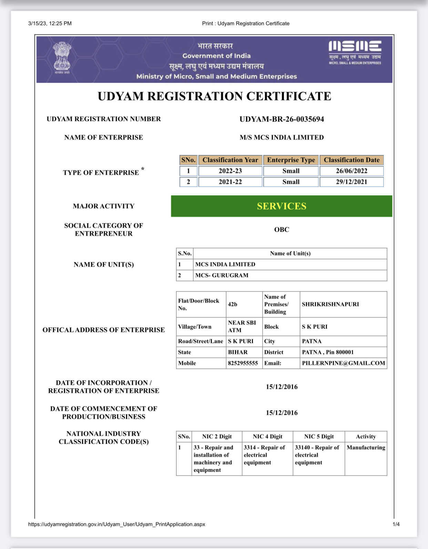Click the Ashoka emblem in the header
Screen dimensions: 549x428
(62, 57)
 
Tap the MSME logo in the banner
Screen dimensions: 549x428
(355, 52)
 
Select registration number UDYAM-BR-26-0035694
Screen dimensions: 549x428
(282, 119)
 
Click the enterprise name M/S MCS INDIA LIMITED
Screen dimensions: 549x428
(282, 138)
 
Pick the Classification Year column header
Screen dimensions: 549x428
(230, 160)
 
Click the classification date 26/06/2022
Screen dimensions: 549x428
(351, 171)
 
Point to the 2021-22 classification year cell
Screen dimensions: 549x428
(230, 182)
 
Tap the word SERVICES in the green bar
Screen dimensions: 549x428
(282, 206)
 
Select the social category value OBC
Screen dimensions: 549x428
(282, 230)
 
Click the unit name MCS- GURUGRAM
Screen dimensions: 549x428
(222, 276)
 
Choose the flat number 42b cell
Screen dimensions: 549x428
(233, 305)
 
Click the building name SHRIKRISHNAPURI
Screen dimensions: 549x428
(330, 305)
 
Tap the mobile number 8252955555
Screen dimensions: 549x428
(243, 363)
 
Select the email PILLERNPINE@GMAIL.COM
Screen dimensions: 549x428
(343, 363)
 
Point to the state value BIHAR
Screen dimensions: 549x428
(238, 352)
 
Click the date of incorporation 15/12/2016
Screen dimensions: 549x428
(282, 387)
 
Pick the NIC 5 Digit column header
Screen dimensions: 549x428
(319, 437)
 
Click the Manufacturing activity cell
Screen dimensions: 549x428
(366, 448)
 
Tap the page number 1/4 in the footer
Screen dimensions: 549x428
(396, 525)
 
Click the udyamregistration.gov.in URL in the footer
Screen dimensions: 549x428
(116, 525)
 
